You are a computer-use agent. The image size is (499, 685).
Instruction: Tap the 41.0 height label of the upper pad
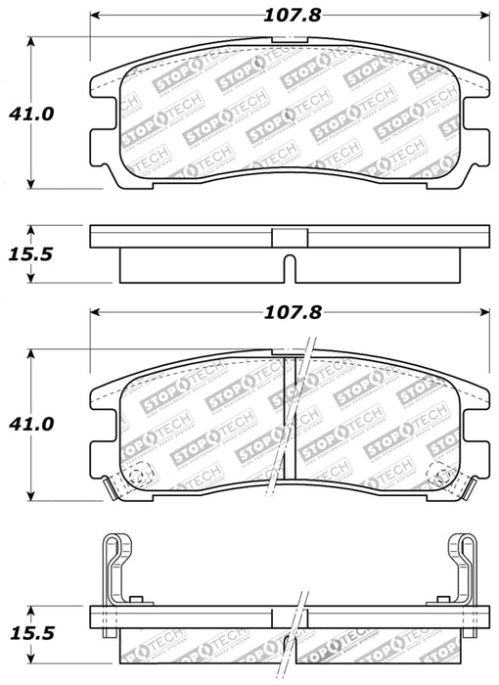pyautogui.click(x=33, y=114)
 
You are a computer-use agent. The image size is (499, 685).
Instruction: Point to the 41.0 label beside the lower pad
pyautogui.click(x=33, y=424)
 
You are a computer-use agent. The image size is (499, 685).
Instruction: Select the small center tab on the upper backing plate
pyautogui.click(x=289, y=236)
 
